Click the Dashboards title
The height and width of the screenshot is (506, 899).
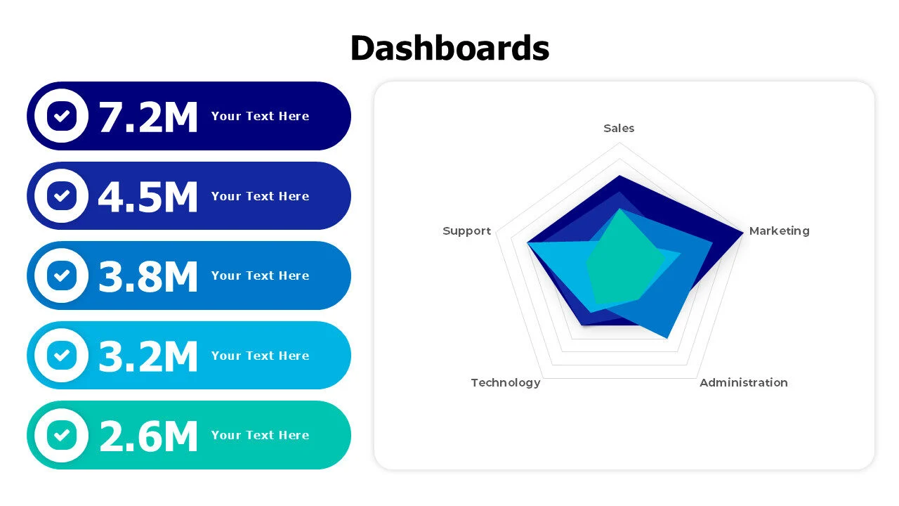click(x=449, y=48)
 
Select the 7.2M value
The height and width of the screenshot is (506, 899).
click(x=148, y=117)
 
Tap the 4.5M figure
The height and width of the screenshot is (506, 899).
click(x=148, y=197)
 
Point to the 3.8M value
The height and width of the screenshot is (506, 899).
click(x=148, y=276)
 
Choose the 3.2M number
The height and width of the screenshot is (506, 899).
click(x=148, y=356)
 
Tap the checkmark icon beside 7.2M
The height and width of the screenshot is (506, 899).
click(x=61, y=116)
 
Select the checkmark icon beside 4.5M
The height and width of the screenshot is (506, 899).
click(x=61, y=195)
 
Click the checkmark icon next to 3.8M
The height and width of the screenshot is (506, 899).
click(x=61, y=275)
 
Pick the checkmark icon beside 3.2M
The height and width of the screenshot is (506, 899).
click(x=61, y=356)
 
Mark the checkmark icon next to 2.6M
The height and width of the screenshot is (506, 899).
click(x=61, y=435)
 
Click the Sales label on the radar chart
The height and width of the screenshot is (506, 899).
click(x=619, y=129)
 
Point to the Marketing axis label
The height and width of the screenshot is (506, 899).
click(x=779, y=231)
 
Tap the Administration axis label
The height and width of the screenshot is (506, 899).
click(x=744, y=383)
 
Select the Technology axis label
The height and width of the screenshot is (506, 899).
click(x=506, y=383)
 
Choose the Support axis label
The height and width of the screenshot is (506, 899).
click(x=467, y=231)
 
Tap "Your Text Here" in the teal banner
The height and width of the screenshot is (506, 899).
click(x=260, y=435)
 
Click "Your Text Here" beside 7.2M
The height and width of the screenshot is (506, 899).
click(x=260, y=116)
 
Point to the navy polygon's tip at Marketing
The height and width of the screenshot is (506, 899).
click(x=742, y=232)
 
